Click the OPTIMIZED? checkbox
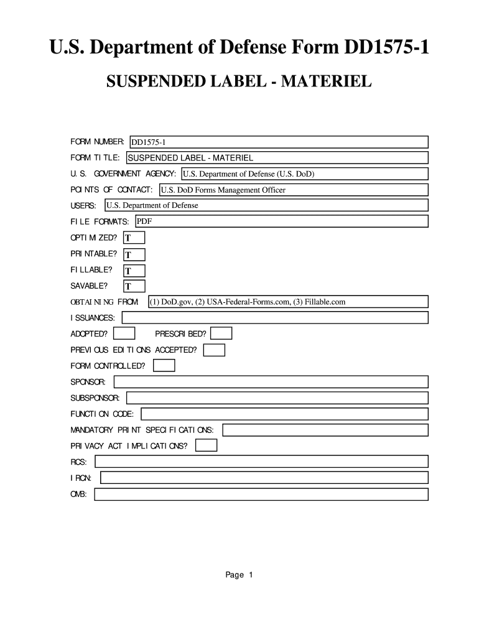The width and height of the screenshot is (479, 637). (x=134, y=238)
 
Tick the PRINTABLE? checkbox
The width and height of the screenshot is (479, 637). (x=134, y=254)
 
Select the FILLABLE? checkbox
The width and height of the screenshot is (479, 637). (x=134, y=271)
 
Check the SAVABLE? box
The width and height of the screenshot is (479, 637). (x=134, y=286)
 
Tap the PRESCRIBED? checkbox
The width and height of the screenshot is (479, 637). (x=222, y=334)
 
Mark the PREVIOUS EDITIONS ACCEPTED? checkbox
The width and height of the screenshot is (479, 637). (x=215, y=350)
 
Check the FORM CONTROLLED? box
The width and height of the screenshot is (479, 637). (x=165, y=366)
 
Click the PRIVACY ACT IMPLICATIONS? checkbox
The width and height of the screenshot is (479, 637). (x=207, y=445)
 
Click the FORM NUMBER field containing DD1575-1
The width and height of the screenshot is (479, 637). (x=278, y=142)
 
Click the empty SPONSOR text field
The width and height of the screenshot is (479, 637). (x=271, y=381)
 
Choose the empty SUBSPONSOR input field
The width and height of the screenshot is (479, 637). (x=277, y=398)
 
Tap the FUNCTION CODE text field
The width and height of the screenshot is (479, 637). (x=285, y=414)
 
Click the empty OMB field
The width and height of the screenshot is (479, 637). (x=261, y=495)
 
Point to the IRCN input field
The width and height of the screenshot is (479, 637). (x=264, y=478)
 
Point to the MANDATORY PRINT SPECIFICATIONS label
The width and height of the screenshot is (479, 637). (x=142, y=430)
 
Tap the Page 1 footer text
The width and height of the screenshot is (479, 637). (x=239, y=575)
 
